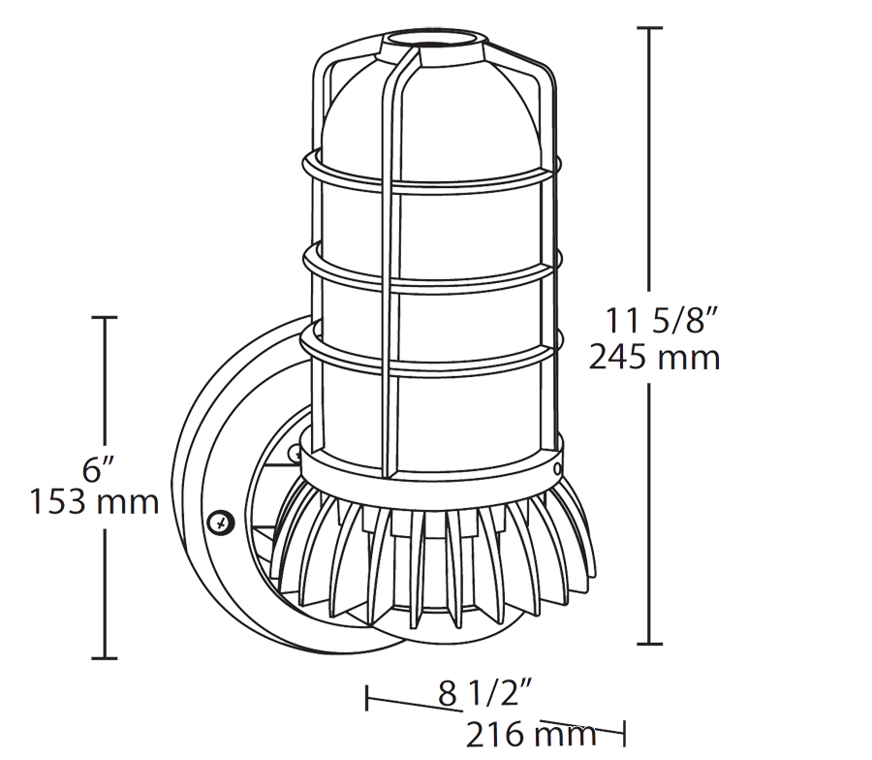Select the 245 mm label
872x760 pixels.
click(655, 358)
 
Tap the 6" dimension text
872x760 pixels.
click(93, 470)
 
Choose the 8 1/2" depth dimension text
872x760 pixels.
click(485, 694)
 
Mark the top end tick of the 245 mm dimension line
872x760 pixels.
click(648, 29)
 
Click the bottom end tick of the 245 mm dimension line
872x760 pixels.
click(648, 644)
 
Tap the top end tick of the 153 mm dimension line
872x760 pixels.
click(104, 317)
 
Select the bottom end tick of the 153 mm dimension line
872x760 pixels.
click(104, 658)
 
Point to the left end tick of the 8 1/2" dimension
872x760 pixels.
click(367, 697)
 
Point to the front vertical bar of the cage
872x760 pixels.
click(390, 291)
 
